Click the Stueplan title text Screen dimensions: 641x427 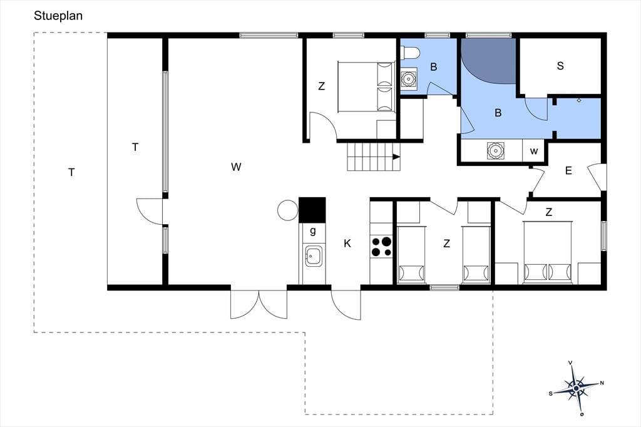point(58,16)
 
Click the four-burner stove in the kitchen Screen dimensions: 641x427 point(381,247)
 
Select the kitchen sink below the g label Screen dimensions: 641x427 point(313,256)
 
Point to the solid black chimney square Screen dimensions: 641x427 point(312,210)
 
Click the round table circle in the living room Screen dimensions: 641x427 point(288,210)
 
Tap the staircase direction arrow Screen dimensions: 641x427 point(396,157)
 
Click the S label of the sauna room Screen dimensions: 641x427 point(560,66)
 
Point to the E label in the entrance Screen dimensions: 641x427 point(568,171)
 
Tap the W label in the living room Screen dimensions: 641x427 point(236,167)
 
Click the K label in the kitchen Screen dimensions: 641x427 point(347,244)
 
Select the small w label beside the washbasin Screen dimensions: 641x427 point(534,152)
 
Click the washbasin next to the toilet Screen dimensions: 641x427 point(408,78)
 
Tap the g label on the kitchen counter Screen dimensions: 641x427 point(313,231)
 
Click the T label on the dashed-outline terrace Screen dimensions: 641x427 point(71,172)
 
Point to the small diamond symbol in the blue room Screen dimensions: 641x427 point(579,100)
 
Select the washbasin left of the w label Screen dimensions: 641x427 point(496,150)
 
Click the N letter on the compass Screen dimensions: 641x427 point(602,383)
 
